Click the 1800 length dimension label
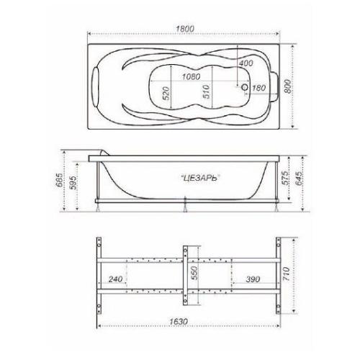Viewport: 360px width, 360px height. [185, 29]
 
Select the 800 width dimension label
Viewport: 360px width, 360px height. [287, 86]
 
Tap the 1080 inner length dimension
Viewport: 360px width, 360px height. [191, 77]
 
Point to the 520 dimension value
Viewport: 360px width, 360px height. [166, 94]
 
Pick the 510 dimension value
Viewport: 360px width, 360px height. [206, 91]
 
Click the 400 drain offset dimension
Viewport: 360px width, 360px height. [246, 63]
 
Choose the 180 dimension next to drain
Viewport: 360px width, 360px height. [258, 88]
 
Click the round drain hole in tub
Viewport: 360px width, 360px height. [245, 87]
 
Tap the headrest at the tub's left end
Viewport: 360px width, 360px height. [96, 86]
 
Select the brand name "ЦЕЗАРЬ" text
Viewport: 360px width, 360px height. [200, 178]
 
